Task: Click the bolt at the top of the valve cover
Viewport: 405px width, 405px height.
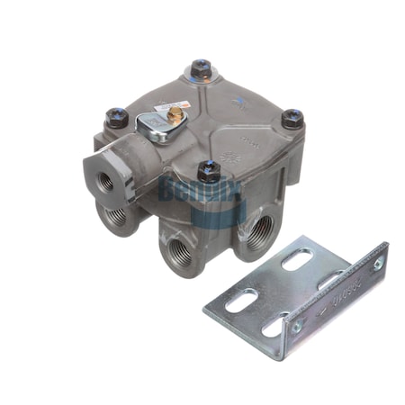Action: click(x=201, y=67)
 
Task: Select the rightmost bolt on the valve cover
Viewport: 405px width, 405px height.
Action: click(x=292, y=118)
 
